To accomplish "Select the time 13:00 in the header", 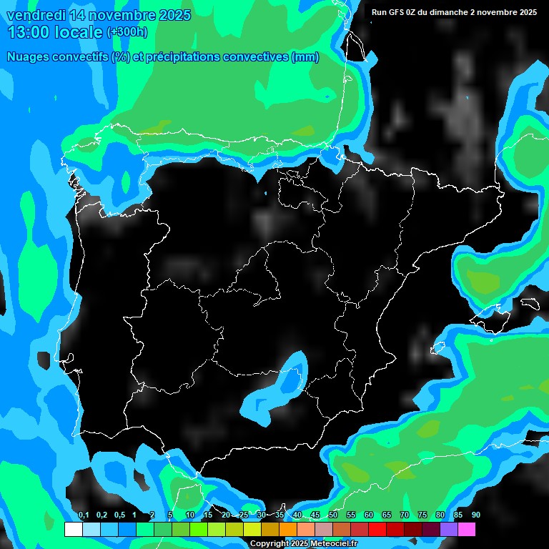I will click(x=29, y=32).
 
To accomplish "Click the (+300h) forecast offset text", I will click(x=127, y=32).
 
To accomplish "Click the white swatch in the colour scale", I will click(x=73, y=530).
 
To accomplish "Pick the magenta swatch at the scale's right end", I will click(x=467, y=530).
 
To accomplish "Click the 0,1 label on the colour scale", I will click(x=84, y=515).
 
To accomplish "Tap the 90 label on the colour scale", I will click(x=476, y=515).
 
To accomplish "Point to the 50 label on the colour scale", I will click(x=333, y=515).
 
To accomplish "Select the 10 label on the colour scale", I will click(x=190, y=515).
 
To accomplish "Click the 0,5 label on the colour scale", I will click(x=119, y=515).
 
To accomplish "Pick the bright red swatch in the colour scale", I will click(x=377, y=530).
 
